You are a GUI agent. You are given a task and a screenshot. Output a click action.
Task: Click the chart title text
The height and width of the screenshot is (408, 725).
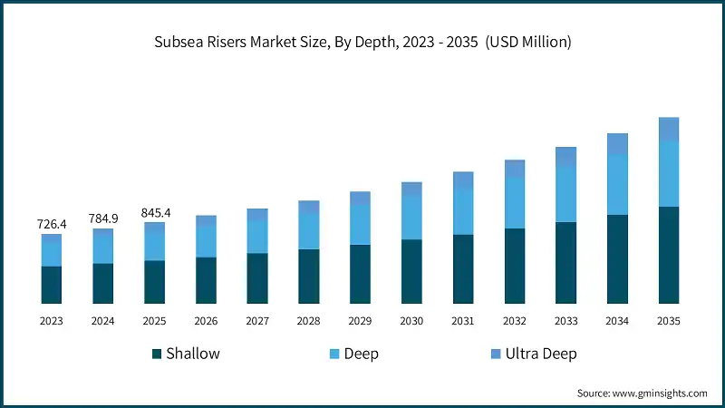362,41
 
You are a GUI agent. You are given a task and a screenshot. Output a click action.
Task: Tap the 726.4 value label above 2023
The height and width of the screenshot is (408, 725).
51,223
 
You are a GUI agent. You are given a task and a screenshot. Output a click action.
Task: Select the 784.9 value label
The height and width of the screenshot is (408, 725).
102,218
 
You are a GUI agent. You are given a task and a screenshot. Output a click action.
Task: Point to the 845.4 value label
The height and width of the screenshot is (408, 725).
154,213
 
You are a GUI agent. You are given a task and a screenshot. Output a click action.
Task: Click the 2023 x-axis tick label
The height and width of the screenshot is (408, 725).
51,321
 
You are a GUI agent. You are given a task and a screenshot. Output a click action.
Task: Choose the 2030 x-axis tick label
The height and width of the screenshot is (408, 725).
411,321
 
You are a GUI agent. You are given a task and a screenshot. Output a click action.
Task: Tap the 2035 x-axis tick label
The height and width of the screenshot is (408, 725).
669,321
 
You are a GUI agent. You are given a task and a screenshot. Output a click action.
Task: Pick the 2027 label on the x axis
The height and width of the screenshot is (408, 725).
257,321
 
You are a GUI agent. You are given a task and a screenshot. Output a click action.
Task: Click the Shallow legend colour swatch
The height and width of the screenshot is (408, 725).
157,354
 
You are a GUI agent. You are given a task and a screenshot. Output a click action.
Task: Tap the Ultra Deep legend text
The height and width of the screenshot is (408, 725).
541,354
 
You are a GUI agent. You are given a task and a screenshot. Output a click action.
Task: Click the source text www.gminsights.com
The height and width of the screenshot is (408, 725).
642,393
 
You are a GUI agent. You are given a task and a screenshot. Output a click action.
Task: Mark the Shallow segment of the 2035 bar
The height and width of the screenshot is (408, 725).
669,255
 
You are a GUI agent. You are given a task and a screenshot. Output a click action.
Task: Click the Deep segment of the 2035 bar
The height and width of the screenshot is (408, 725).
669,173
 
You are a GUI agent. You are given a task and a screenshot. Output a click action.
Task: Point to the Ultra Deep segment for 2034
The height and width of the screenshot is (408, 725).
617,144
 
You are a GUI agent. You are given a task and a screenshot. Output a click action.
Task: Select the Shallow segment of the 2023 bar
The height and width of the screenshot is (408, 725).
51,285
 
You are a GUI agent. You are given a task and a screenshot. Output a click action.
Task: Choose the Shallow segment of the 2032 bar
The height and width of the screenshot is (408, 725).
515,266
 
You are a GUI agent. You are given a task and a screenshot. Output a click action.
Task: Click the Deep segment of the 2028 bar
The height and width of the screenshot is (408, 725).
309,231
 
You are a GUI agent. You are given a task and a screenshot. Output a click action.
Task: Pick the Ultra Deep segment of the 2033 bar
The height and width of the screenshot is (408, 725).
566,157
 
